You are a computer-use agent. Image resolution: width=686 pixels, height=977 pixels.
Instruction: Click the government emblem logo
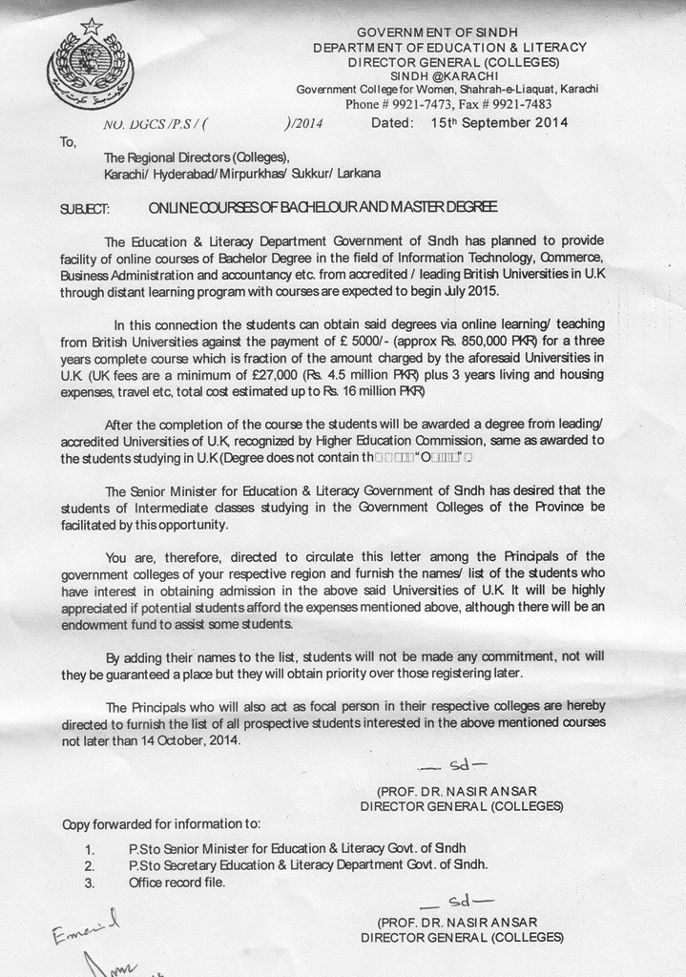[x=90, y=63]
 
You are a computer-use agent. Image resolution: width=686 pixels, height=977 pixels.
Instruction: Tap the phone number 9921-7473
[x=411, y=104]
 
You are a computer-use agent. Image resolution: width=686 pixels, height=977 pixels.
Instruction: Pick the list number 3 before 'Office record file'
[x=89, y=883]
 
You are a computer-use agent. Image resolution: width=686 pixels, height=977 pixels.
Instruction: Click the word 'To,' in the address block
[x=68, y=141]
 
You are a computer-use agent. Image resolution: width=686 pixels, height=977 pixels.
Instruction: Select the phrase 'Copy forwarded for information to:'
[x=160, y=823]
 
